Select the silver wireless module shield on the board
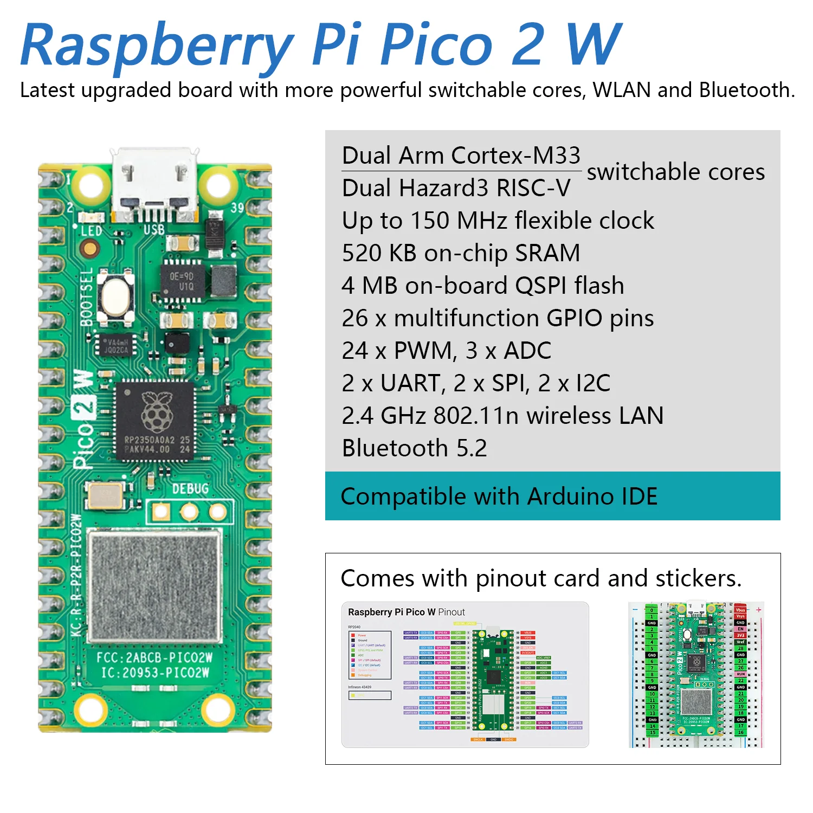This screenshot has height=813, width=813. click(154, 585)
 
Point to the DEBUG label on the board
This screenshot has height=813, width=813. click(190, 489)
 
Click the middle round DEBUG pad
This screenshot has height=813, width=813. click(189, 511)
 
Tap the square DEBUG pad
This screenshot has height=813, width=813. click(161, 511)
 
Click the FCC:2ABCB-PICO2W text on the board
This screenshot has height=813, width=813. click(154, 657)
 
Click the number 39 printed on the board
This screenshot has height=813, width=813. click(237, 208)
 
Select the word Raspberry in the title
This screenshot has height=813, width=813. click(157, 46)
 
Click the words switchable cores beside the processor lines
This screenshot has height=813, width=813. click(675, 172)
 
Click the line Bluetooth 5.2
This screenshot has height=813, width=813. click(415, 448)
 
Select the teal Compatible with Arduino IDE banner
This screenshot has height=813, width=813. click(552, 496)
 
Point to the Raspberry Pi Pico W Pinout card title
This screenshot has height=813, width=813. click(406, 612)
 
